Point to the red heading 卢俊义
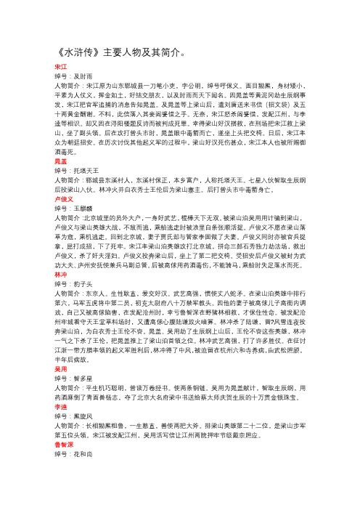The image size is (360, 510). click(54, 216)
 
